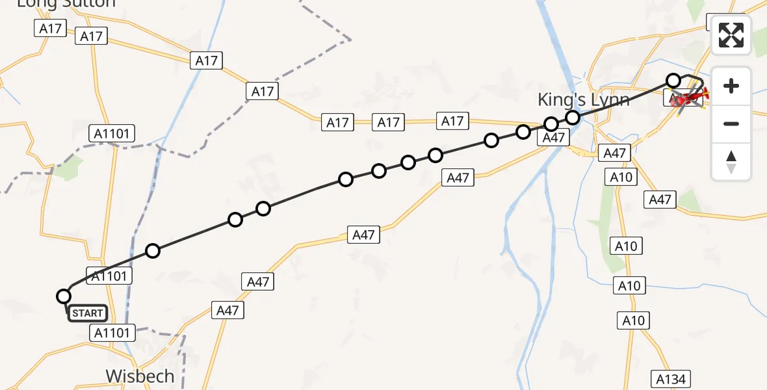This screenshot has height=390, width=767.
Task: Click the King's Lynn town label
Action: (583, 100)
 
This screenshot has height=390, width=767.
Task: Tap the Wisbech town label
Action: (140, 376)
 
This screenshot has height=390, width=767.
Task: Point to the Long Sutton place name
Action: (66, 3)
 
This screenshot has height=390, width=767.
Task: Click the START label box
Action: (87, 313)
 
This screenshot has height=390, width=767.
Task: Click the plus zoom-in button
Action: (731, 86)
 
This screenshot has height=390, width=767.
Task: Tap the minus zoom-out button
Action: (731, 123)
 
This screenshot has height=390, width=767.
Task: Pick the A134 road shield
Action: (672, 379)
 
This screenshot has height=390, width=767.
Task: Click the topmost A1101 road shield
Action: (111, 135)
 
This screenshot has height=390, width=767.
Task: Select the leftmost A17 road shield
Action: (50, 28)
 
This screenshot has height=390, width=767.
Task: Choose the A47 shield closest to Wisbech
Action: (227, 311)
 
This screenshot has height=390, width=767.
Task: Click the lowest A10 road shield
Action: (633, 320)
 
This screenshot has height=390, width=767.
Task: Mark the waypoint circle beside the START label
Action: (64, 296)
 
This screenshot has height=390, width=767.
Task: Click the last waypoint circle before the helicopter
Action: (673, 81)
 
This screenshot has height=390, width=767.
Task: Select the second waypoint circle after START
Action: (235, 220)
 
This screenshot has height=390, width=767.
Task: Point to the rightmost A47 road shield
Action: (660, 200)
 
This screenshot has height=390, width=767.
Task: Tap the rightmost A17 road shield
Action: (452, 121)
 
